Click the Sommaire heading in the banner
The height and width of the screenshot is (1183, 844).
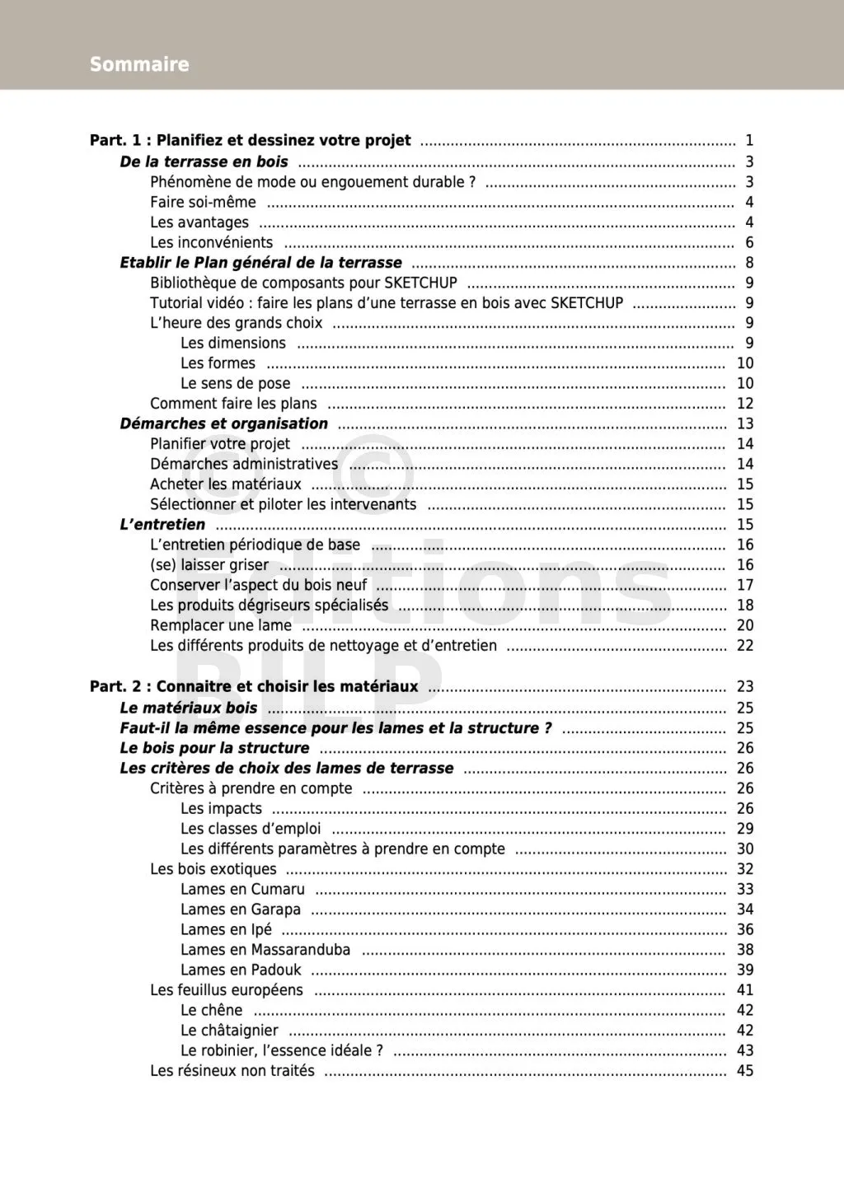click(x=139, y=64)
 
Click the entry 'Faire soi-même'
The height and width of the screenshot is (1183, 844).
click(x=203, y=202)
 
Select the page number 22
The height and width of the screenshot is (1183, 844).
click(x=745, y=645)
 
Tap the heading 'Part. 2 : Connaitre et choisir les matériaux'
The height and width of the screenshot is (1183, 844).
click(x=254, y=686)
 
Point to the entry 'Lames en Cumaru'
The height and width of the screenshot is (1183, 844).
click(x=242, y=889)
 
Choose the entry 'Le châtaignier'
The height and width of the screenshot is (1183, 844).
click(x=229, y=1030)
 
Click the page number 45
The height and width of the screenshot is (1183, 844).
click(x=745, y=1070)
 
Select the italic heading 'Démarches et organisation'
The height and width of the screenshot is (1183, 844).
click(x=223, y=423)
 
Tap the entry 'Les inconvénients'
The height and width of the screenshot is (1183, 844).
click(x=211, y=242)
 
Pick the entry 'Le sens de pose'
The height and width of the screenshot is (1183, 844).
click(x=235, y=383)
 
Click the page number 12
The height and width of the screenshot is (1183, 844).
click(x=745, y=403)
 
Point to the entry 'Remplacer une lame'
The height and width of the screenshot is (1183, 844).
click(x=221, y=625)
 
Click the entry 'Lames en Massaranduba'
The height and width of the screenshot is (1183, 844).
click(x=265, y=949)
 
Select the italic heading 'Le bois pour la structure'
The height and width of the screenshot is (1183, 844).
click(x=214, y=748)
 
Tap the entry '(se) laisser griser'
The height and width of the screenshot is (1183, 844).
click(x=209, y=564)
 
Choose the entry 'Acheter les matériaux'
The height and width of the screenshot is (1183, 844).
click(x=226, y=484)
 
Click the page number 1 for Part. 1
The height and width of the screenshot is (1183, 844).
click(x=749, y=140)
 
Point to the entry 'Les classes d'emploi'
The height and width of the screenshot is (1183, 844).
click(x=251, y=828)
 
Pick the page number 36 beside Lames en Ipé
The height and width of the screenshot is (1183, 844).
click(x=745, y=929)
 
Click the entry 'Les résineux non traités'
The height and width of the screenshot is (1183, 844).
click(x=232, y=1070)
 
